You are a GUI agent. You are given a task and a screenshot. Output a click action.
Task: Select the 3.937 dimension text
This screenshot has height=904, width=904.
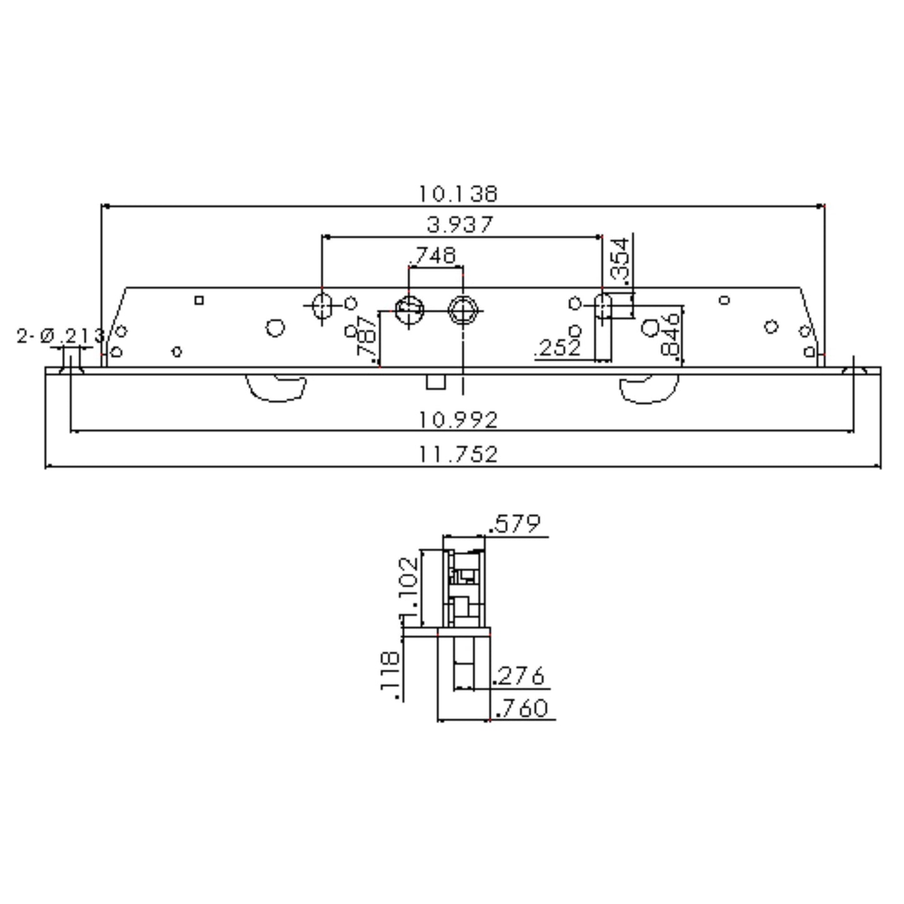point(460,224)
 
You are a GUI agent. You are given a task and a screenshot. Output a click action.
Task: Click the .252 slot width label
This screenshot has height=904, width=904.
point(557,348)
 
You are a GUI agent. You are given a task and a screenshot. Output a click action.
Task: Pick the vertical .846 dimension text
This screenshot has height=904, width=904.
point(670,334)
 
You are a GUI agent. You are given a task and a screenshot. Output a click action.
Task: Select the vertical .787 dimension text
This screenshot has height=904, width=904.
point(367,335)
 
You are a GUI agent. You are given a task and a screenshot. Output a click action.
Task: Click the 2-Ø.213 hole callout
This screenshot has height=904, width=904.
point(61,336)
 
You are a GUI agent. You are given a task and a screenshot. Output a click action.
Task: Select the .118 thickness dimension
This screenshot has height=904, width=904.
point(390,676)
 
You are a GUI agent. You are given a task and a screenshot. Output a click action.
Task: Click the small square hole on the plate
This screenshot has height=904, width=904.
point(199,300)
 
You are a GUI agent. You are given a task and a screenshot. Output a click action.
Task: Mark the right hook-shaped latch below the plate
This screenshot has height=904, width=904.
point(649,389)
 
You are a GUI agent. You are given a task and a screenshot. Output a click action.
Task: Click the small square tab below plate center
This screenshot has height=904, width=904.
point(435,382)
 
